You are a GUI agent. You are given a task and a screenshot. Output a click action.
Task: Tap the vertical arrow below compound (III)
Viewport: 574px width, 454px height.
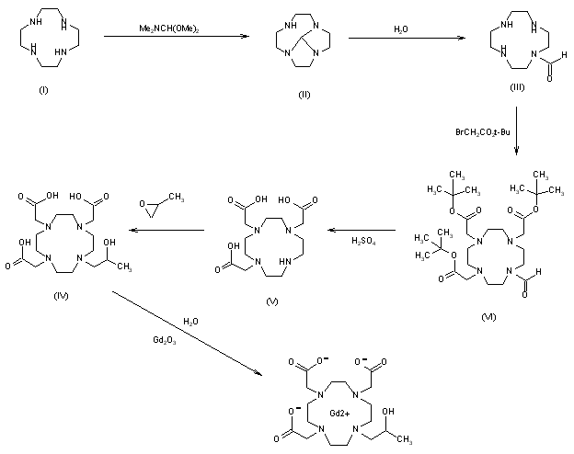point(517,129)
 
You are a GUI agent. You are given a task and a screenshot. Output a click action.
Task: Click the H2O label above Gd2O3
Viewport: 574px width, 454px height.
point(189,322)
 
